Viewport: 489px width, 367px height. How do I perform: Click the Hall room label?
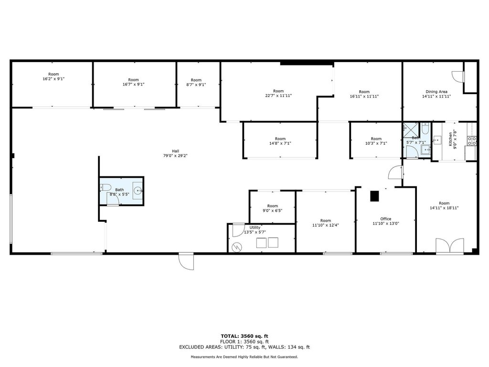tap(175, 151)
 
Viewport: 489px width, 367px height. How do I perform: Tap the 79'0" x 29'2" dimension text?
tap(175, 156)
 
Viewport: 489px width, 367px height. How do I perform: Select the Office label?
tap(386, 219)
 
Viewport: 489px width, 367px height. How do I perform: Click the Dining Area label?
tap(436, 92)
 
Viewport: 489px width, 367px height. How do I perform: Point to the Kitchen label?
tap(450, 139)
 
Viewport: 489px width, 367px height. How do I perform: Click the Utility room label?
tap(255, 227)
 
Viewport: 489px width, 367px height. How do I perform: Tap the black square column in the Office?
tap(374, 196)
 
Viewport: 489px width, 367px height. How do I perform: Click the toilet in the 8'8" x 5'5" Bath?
tap(106, 187)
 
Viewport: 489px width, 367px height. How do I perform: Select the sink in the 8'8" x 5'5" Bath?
tap(138, 190)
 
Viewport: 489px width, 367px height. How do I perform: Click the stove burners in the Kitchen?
tap(472, 141)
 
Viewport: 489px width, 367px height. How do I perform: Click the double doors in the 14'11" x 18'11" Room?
tap(450, 245)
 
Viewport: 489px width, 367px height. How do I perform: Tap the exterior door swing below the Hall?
tap(186, 261)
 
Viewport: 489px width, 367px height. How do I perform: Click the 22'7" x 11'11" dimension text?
tap(278, 96)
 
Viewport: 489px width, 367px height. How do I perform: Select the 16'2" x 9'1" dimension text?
tap(53, 79)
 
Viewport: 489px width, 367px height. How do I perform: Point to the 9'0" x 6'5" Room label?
tap(272, 206)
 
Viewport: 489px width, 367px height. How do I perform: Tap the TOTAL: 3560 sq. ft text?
tap(244, 336)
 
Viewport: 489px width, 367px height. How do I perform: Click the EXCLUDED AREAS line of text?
tap(244, 347)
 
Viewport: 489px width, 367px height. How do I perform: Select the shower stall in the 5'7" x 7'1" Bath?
tap(411, 130)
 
